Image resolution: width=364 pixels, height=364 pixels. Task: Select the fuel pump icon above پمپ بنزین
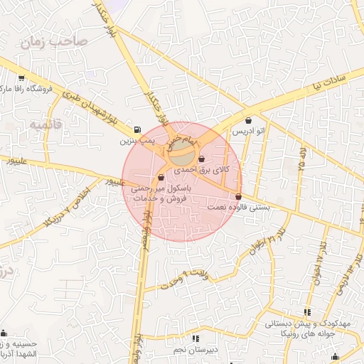136,130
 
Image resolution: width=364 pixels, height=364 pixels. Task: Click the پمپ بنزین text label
136,142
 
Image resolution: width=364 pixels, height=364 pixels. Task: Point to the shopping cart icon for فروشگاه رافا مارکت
21,79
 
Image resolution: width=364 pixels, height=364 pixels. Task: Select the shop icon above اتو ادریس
248,120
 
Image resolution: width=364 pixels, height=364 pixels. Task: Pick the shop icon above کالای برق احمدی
202,158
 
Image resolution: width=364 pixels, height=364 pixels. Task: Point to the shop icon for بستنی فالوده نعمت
238,197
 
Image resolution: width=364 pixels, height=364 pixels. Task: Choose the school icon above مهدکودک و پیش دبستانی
307,312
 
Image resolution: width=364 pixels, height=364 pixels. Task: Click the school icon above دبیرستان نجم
196,338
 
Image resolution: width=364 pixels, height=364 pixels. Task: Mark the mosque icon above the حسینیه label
5,333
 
